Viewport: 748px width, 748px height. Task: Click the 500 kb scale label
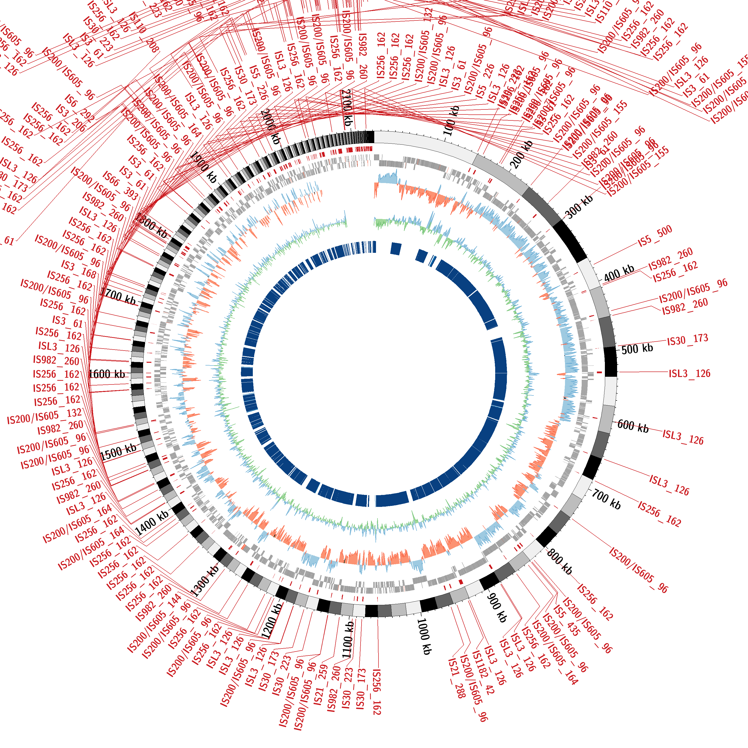637,349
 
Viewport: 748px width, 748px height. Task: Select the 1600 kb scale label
107,374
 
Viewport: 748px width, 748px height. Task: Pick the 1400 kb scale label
152,523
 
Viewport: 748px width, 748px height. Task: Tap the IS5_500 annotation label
655,236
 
